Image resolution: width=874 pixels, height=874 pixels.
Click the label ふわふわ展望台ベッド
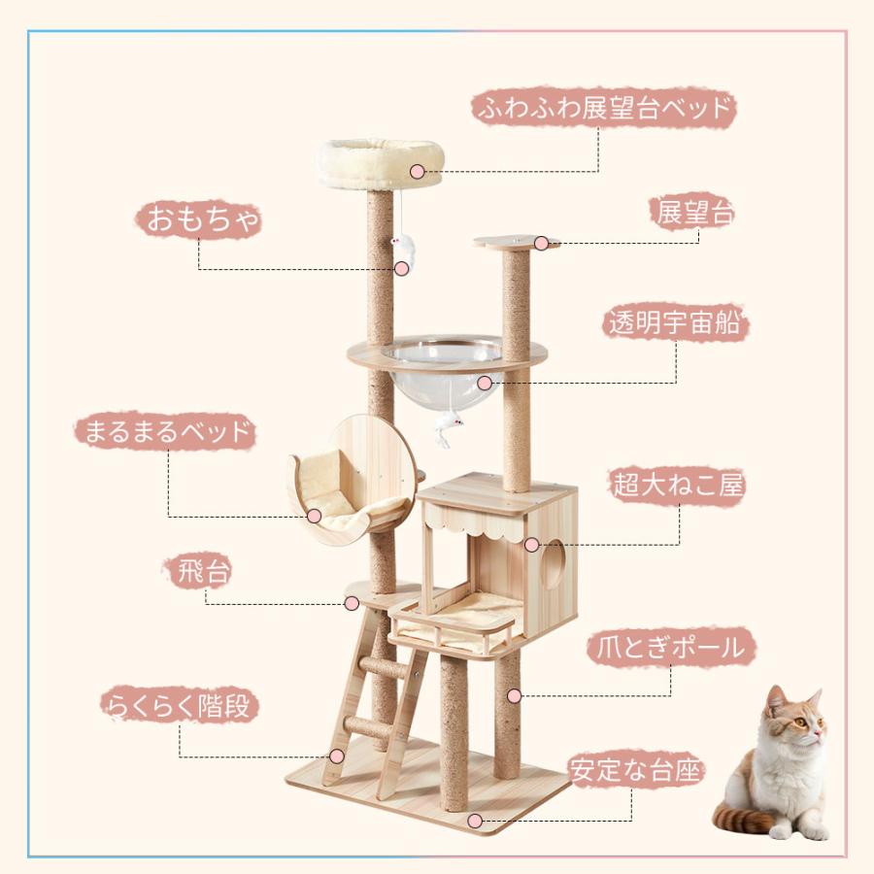[x=603, y=108]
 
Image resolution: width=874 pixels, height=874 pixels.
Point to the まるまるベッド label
[x=165, y=431]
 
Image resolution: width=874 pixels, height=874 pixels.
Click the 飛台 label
[x=204, y=571]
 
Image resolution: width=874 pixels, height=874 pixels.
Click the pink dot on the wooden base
[x=474, y=821]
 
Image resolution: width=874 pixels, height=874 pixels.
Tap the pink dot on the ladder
[x=336, y=756]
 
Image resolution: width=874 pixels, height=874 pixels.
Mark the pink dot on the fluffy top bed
[x=417, y=172]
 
